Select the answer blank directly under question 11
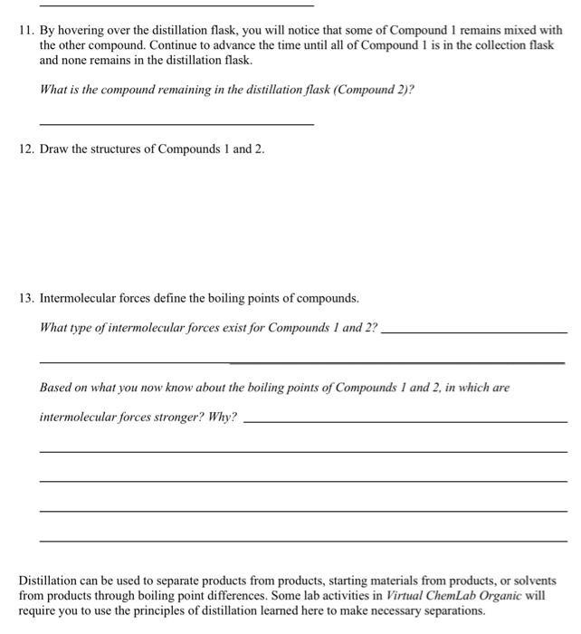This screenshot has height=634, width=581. (x=176, y=123)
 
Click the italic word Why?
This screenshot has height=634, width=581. (x=223, y=418)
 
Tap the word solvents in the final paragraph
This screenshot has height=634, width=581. (x=534, y=580)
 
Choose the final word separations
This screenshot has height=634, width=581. (x=452, y=610)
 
